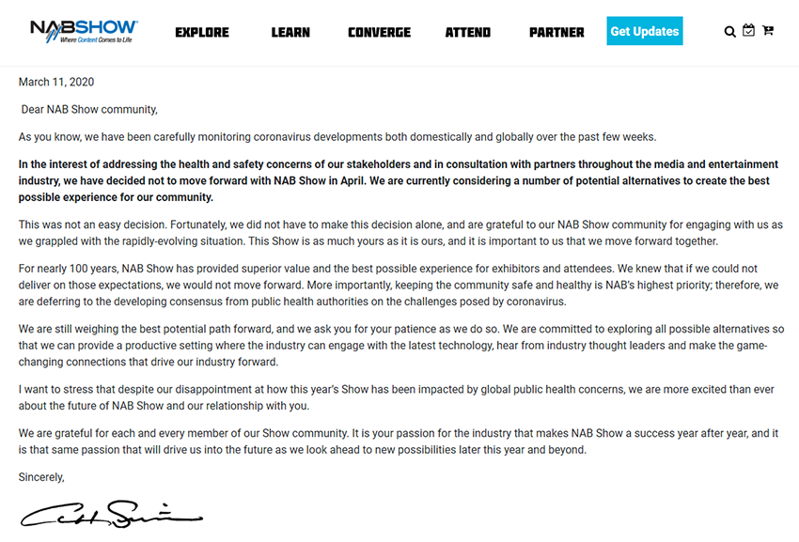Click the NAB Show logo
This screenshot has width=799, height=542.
click(x=84, y=31)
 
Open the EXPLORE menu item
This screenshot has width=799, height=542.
click(x=202, y=32)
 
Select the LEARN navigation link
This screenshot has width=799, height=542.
click(x=290, y=32)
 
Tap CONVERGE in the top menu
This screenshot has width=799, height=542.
click(x=379, y=32)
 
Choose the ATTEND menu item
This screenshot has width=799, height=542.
click(x=468, y=32)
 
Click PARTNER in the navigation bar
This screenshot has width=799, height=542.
click(x=556, y=32)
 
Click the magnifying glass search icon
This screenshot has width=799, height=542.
click(x=729, y=32)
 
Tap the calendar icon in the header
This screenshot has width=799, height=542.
click(x=748, y=31)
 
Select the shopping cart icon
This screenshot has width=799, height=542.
click(x=768, y=31)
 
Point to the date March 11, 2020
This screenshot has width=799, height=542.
click(x=56, y=83)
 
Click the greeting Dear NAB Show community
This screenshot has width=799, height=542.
click(x=89, y=110)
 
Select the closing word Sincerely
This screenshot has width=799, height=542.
click(x=41, y=477)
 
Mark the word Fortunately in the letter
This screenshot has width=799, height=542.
click(x=201, y=225)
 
